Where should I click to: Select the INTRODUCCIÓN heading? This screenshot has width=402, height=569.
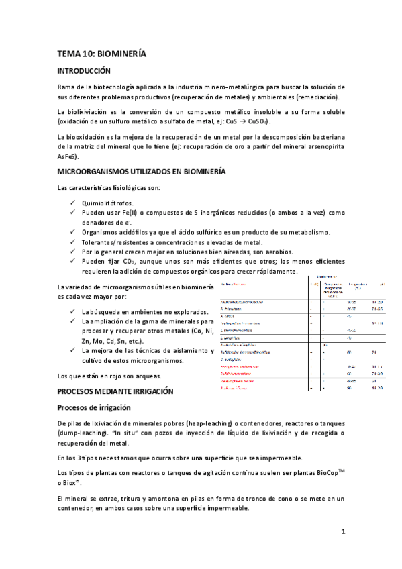(x=84, y=70)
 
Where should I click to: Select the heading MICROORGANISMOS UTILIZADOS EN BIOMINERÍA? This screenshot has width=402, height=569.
(x=141, y=172)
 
